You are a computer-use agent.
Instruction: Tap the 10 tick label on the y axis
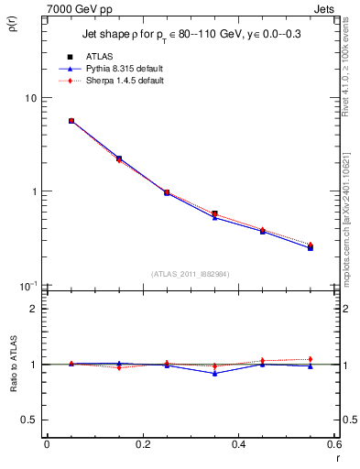[x=29, y=98]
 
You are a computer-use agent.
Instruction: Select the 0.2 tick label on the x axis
[x=142, y=445]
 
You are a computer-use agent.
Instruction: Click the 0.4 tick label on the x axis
[x=238, y=445]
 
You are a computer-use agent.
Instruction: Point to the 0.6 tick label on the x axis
[x=333, y=445]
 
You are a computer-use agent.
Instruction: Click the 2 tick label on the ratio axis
[x=34, y=309]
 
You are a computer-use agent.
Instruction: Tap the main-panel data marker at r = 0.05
[x=71, y=120]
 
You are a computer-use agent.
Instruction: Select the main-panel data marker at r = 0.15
[x=119, y=158]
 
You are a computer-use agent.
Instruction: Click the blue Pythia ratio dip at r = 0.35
[x=214, y=373]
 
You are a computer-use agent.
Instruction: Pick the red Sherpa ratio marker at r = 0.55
[x=311, y=359]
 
